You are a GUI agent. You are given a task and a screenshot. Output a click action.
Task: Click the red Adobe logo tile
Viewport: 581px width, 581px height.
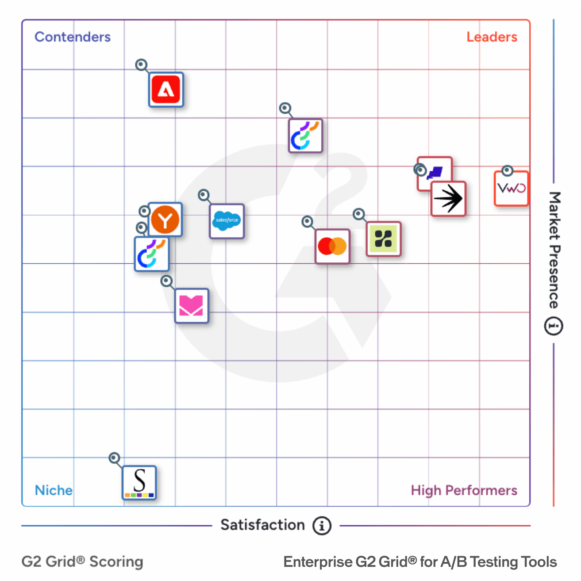(166, 90)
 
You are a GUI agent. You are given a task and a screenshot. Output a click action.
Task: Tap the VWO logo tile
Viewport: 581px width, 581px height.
(512, 189)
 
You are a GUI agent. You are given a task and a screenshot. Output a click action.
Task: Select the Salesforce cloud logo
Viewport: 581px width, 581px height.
(227, 221)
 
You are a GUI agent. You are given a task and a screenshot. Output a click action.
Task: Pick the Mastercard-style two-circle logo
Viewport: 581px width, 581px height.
(332, 246)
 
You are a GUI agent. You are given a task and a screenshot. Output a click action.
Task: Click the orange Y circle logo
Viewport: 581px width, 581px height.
(165, 220)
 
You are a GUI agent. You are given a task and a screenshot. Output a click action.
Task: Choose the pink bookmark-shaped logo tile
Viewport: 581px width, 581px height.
(191, 306)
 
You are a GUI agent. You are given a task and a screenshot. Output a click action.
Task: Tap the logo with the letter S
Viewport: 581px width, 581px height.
(139, 483)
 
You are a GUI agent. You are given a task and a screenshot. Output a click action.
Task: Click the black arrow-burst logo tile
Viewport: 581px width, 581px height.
(448, 199)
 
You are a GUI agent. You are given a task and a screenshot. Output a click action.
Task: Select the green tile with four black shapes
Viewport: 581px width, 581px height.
(384, 239)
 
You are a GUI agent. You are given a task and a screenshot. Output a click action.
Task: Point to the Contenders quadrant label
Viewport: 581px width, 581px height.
(73, 37)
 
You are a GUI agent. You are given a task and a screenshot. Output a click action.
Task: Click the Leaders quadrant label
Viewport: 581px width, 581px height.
(492, 37)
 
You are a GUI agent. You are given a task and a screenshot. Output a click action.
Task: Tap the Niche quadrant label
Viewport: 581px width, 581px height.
(54, 490)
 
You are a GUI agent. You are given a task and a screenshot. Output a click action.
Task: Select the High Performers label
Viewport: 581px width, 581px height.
(464, 490)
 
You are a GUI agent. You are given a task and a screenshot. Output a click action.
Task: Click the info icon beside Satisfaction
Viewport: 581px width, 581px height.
(322, 526)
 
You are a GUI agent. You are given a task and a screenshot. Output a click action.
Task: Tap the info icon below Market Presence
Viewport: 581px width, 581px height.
(553, 326)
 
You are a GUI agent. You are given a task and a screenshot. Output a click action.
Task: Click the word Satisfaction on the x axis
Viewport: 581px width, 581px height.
(262, 525)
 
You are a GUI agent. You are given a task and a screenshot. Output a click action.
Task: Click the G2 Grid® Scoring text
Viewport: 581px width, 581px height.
(82, 562)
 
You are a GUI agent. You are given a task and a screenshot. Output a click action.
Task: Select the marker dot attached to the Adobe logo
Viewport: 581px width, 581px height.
(141, 65)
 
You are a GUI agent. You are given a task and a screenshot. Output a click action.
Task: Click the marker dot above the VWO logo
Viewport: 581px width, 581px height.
(507, 171)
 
